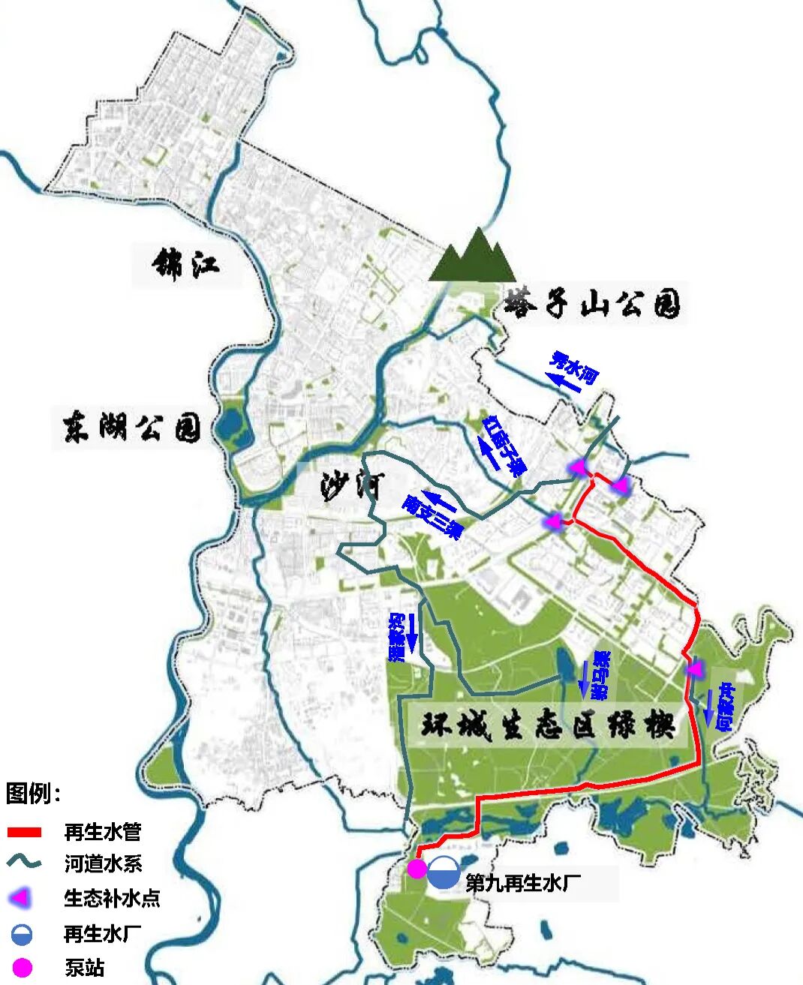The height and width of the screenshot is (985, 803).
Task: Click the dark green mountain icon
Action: (x=472, y=257)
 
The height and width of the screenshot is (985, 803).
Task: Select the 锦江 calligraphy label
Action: (x=185, y=264)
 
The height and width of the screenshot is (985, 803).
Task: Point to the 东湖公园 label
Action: (x=132, y=428)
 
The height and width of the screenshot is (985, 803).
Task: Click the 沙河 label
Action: (x=352, y=487)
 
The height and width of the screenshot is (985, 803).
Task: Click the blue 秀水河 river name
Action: (x=574, y=367)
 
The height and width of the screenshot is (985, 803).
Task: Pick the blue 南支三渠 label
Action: (x=432, y=516)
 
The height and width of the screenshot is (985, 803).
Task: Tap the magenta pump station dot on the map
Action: (x=417, y=869)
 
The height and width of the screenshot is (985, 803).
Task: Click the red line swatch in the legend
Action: (x=24, y=832)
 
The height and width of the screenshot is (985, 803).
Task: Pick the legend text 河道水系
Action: (x=103, y=863)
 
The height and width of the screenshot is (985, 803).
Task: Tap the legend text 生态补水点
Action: (x=112, y=898)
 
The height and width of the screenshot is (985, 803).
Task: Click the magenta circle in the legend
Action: (x=23, y=968)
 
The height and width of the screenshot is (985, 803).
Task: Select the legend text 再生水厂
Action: (x=103, y=934)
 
